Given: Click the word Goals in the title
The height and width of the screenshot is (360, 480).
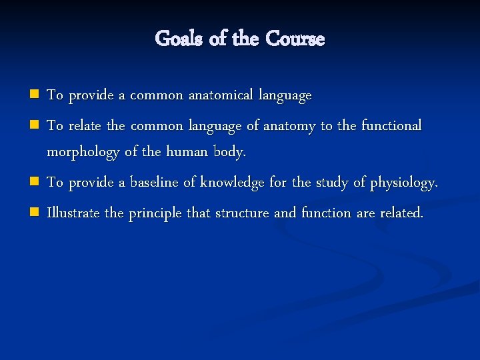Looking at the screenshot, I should tap(179, 39).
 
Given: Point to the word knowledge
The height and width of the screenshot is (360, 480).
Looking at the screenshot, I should tap(232, 183).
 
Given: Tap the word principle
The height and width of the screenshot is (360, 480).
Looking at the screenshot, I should tap(155, 214).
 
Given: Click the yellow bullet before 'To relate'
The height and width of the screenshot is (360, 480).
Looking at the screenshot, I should tap(35, 125).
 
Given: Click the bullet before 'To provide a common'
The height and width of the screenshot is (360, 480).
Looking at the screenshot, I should tap(35, 95).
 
